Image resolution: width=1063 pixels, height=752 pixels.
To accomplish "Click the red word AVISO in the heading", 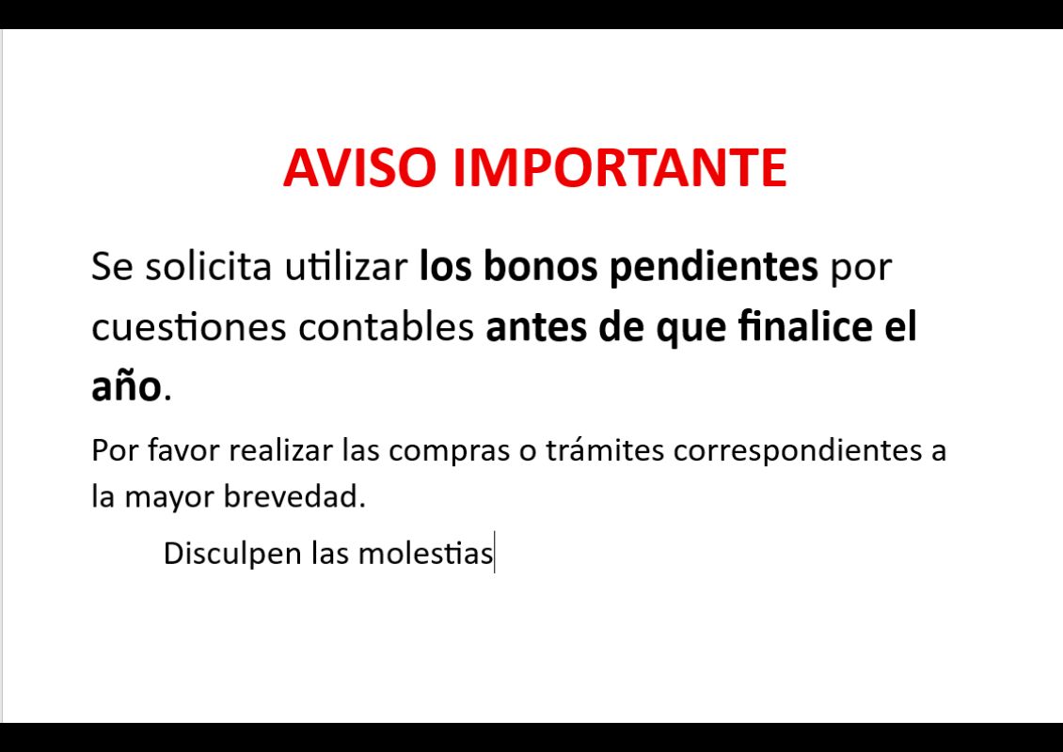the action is click(x=359, y=167).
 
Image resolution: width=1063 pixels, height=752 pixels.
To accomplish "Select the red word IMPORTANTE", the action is click(x=619, y=167).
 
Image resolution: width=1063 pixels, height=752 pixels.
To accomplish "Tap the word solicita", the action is click(x=209, y=266).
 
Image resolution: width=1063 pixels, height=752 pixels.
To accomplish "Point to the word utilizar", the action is click(x=346, y=266).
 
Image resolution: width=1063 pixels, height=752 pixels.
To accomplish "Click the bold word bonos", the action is click(x=540, y=266).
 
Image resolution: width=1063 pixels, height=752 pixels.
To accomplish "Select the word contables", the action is click(x=386, y=326).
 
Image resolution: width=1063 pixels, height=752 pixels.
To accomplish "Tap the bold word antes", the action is click(x=536, y=327).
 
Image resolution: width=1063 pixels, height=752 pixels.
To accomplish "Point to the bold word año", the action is click(x=127, y=386).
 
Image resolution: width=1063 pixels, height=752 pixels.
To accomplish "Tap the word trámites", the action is click(x=605, y=450).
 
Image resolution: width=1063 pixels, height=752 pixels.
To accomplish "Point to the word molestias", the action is click(x=425, y=554).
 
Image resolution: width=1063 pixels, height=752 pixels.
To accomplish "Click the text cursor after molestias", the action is click(x=495, y=552).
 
